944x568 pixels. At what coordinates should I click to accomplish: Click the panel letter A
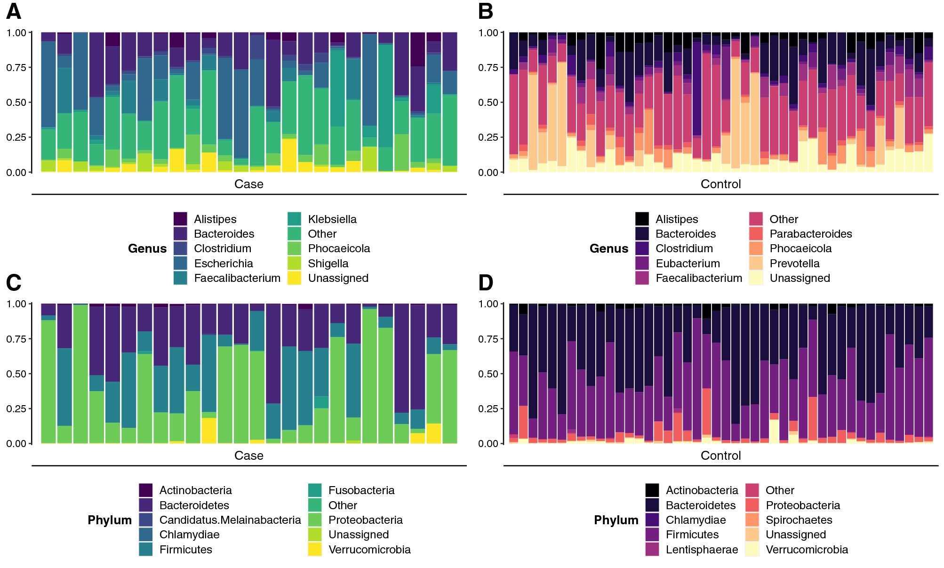(14, 11)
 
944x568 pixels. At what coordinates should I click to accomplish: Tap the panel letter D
(486, 283)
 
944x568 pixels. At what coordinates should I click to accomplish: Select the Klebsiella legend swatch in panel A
(294, 219)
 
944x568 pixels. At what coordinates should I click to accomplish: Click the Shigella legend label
(328, 264)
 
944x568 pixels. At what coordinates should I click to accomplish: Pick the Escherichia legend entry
(223, 264)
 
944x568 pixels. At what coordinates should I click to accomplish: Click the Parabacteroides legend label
(810, 234)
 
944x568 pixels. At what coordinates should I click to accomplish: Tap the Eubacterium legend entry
(688, 264)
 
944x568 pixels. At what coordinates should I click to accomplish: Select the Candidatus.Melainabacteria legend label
(230, 520)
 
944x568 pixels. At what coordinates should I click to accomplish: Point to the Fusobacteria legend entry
(361, 490)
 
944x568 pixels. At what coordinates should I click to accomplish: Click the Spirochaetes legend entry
(799, 520)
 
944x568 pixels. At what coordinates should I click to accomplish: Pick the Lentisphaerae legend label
(702, 550)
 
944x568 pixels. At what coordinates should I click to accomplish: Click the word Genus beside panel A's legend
(147, 248)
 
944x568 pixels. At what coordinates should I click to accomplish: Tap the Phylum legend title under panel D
(616, 520)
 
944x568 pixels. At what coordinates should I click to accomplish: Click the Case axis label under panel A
(249, 184)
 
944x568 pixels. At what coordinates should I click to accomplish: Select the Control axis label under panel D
(720, 456)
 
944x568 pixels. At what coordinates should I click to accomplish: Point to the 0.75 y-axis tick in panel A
(16, 67)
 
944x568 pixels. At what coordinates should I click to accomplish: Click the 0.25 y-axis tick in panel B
(488, 137)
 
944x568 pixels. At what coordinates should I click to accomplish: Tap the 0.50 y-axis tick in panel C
(16, 374)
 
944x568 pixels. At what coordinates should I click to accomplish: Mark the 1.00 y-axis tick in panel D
(488, 304)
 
